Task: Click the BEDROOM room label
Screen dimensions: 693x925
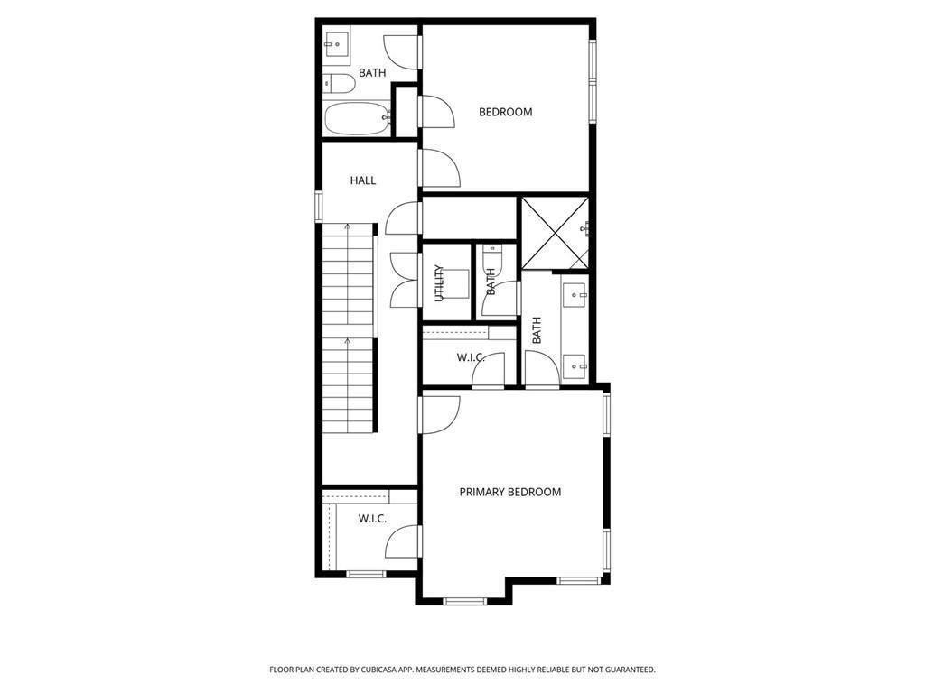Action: click(505, 112)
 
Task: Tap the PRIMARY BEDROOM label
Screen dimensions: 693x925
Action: click(509, 492)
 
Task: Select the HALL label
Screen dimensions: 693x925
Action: click(362, 180)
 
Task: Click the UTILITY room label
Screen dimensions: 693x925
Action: click(439, 282)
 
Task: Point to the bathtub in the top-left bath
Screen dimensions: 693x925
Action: click(357, 118)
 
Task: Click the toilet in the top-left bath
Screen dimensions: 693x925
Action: click(340, 84)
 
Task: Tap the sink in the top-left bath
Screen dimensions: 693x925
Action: click(337, 42)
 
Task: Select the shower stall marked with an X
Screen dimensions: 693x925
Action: click(554, 232)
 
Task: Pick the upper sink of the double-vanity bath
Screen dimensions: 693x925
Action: click(575, 294)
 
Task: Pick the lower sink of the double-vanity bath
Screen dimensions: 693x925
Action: click(575, 365)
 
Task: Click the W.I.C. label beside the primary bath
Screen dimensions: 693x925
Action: click(471, 357)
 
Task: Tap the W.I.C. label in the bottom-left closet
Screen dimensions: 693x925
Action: click(372, 518)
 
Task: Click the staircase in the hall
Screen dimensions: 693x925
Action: click(349, 329)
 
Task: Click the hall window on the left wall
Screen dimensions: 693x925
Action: click(318, 205)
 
